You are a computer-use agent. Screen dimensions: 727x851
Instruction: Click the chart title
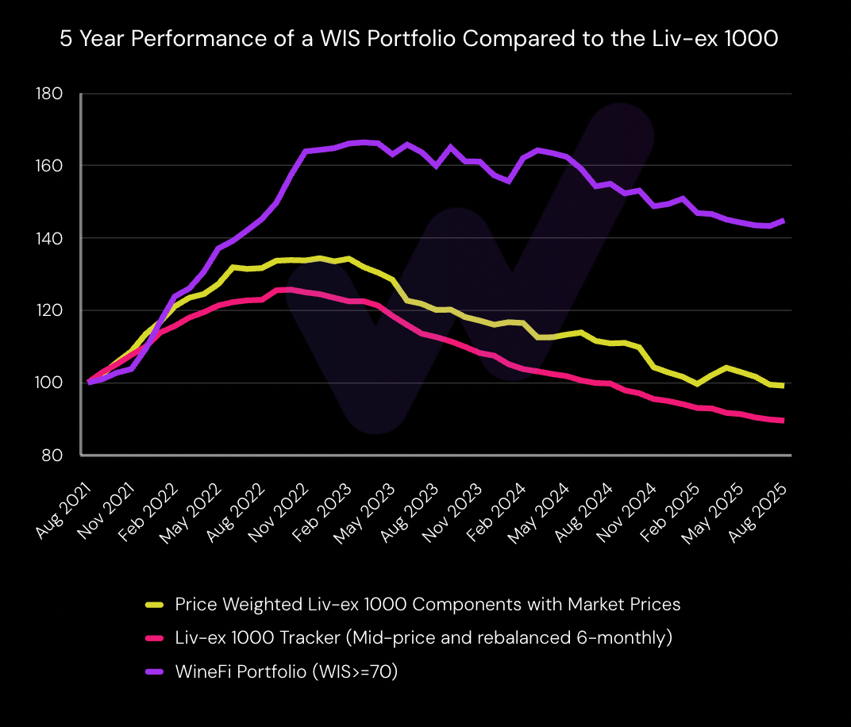pos(418,40)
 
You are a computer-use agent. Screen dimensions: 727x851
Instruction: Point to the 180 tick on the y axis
pos(49,94)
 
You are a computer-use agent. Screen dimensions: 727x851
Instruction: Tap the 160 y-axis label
pos(49,166)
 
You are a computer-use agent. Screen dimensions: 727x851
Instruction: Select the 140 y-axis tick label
pos(49,238)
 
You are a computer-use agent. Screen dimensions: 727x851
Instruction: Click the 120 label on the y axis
pos(49,310)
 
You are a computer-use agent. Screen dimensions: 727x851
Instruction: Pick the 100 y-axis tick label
pos(49,383)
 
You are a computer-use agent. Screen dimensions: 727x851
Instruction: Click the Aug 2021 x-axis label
pos(64,514)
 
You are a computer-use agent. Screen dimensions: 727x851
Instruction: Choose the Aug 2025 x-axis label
pos(759,514)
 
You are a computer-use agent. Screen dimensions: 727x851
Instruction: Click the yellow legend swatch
pos(155,605)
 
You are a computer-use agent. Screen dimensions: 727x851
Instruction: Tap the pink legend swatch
pos(155,638)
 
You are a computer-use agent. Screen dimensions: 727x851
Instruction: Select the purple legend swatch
pos(155,672)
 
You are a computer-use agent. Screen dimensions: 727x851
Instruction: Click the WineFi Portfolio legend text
pos(286,672)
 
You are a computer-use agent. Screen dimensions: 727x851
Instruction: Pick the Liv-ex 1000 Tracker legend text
pos(423,638)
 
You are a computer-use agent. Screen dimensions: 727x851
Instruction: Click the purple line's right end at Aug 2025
pos(784,221)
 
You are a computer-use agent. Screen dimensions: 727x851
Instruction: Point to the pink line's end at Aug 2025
pos(784,421)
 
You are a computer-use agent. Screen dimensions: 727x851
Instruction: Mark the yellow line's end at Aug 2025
pos(784,386)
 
